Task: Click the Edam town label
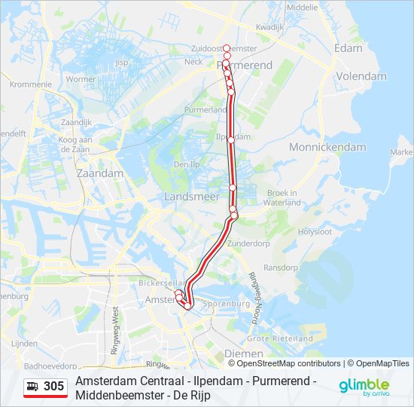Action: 348,47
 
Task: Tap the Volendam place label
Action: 361,76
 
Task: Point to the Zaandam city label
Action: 100,173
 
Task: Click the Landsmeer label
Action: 191,196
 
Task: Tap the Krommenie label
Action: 31,84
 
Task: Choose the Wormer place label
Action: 81,79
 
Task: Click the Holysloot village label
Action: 315,231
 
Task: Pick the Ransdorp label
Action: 282,267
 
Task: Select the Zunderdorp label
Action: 248,244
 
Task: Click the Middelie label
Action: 303,7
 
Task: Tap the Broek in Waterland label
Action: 283,197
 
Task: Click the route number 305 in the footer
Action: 54,387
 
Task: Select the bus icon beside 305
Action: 33,387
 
